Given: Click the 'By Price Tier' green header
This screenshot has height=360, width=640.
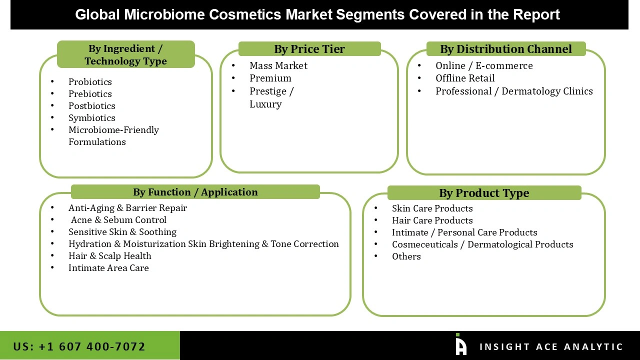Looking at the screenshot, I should tap(309, 49).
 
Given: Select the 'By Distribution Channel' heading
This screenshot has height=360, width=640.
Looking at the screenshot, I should tap(505, 49).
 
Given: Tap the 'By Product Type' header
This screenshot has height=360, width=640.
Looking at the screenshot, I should tap(483, 193).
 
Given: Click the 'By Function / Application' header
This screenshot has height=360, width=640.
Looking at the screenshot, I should tap(195, 192).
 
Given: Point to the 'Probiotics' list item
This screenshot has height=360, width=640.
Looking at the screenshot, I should tap(90, 82).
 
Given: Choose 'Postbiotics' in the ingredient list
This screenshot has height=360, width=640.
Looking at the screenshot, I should tap(91, 106).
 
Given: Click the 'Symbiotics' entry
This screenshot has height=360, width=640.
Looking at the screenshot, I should tap(91, 118).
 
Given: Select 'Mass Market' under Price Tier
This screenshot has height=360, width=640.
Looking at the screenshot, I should tap(278, 66).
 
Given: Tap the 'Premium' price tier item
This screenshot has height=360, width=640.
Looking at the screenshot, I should tap(270, 78).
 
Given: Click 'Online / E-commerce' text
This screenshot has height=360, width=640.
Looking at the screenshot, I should tap(483, 66).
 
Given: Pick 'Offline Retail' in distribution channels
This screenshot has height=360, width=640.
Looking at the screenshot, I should tap(465, 78).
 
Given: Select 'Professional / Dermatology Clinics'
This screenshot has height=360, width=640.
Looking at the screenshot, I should tap(513, 91).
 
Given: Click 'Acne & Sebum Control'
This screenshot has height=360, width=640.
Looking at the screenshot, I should tap(118, 220).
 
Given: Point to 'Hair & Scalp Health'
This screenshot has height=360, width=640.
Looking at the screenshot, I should tap(109, 256).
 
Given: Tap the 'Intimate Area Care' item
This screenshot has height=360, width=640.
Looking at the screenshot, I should tap(108, 268).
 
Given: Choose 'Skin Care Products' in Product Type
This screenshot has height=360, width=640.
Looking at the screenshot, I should tap(432, 208).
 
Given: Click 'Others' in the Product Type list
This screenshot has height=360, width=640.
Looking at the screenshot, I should tap(406, 256).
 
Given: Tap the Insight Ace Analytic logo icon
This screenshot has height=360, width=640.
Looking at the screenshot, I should tap(460, 345).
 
